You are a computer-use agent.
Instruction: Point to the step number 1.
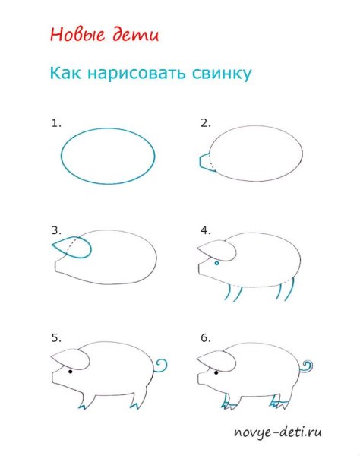[x=55, y=122]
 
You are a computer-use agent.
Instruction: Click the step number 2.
[x=205, y=122]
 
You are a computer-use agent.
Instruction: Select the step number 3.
[x=55, y=229]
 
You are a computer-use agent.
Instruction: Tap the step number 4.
[x=205, y=229]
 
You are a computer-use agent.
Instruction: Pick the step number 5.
[x=55, y=335]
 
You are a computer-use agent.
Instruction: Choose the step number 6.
[x=205, y=335]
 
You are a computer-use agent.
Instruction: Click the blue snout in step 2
[x=204, y=161]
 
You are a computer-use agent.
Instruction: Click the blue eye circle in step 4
[x=216, y=263]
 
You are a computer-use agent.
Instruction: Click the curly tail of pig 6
[x=307, y=367]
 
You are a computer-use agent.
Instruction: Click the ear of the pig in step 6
[x=216, y=356]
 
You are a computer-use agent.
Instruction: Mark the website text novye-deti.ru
[x=277, y=433]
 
